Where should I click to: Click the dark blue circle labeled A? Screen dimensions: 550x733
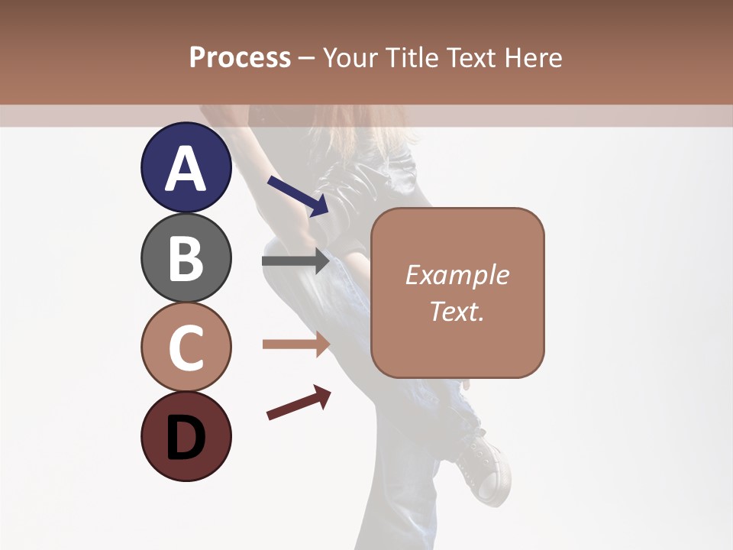pyautogui.click(x=186, y=168)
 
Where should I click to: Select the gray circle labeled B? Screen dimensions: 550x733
pyautogui.click(x=186, y=257)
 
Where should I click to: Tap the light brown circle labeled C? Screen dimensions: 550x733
pyautogui.click(x=186, y=347)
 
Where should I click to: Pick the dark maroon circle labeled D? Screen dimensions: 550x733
pyautogui.click(x=186, y=436)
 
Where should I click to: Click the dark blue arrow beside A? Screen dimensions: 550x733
pyautogui.click(x=298, y=196)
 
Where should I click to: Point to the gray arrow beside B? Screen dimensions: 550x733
pyautogui.click(x=295, y=261)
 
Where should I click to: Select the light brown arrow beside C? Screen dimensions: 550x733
pyautogui.click(x=295, y=345)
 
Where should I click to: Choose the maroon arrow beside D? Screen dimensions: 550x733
pyautogui.click(x=299, y=403)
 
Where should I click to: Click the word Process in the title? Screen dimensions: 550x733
pyautogui.click(x=240, y=58)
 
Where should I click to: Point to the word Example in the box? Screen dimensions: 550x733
pyautogui.click(x=457, y=275)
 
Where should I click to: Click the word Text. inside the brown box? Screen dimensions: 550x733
pyautogui.click(x=457, y=311)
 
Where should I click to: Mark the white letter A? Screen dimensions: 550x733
pyautogui.click(x=186, y=169)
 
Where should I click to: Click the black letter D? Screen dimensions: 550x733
pyautogui.click(x=186, y=438)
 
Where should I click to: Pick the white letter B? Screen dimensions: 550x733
pyautogui.click(x=186, y=258)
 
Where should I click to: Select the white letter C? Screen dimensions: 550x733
pyautogui.click(x=186, y=348)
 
